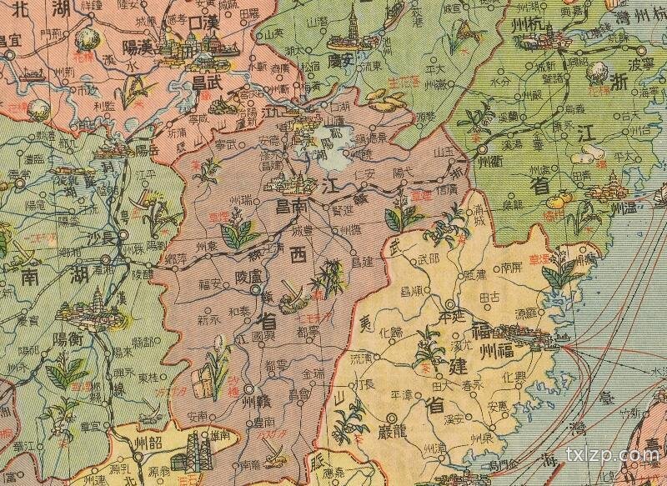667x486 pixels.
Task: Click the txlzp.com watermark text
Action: point(613,455)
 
